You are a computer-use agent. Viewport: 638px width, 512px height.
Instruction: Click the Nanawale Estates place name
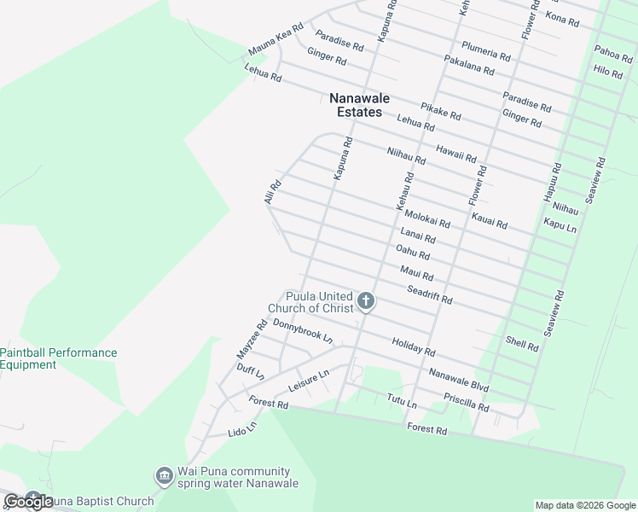coord(359,105)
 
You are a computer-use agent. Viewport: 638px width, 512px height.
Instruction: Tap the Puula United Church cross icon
coord(366,300)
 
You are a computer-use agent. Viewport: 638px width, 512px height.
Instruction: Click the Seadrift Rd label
coord(429,296)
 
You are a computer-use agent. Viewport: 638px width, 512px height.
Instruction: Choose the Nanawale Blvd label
coord(458,381)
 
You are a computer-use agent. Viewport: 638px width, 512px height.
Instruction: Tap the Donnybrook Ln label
coord(303,330)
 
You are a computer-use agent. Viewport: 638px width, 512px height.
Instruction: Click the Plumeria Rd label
coord(485,50)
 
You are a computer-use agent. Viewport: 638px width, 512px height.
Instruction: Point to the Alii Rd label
coord(273,192)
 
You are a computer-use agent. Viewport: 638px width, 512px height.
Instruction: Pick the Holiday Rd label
coord(414,346)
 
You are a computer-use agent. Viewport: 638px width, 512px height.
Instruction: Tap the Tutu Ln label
coord(401,400)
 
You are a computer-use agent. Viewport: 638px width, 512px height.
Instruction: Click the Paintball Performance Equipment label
coord(58,358)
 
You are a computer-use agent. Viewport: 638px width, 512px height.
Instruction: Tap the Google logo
coord(28,502)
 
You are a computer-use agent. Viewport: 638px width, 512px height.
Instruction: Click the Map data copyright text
coord(585,505)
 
